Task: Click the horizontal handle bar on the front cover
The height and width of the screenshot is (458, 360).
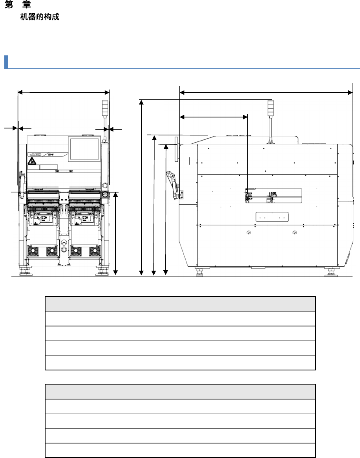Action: (x=64, y=171)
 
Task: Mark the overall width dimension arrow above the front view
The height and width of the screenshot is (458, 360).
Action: (x=64, y=92)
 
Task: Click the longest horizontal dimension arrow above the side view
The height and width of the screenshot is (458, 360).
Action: (x=266, y=92)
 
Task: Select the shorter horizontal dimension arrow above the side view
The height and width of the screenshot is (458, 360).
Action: (x=213, y=116)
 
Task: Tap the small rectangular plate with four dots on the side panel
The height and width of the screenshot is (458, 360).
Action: (x=272, y=216)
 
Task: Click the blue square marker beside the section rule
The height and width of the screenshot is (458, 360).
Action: (x=6, y=62)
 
